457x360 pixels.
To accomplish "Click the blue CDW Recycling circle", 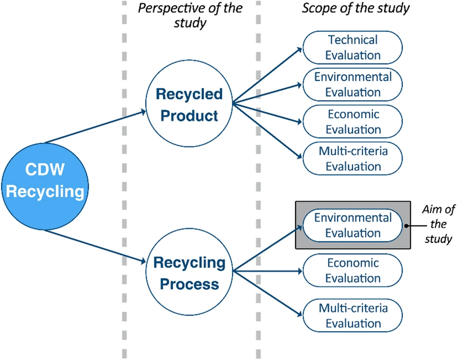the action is (x=45, y=187).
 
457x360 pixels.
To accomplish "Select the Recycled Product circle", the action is (x=189, y=103).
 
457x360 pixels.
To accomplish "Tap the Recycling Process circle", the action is (x=189, y=272).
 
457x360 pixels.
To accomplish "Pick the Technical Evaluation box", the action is (x=353, y=48).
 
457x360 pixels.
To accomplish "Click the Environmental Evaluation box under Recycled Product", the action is (x=353, y=85).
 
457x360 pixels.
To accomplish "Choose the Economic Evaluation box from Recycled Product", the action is (x=353, y=121).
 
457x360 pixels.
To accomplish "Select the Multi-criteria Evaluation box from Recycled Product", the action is (x=353, y=159).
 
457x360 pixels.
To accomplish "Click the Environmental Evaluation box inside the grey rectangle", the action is (x=353, y=225).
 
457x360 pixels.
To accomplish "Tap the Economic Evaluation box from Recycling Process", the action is (x=353, y=270).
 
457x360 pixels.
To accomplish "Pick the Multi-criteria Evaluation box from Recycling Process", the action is (x=353, y=316).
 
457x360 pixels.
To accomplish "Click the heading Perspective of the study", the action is (x=190, y=15).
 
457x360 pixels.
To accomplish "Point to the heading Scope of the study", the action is (x=355, y=8).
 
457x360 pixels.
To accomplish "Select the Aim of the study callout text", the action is (x=438, y=224).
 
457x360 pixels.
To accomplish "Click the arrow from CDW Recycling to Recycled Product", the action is (x=95, y=127).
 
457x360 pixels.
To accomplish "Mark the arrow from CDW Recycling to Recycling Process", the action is (x=95, y=246).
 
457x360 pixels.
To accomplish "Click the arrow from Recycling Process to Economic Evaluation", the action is (x=268, y=271).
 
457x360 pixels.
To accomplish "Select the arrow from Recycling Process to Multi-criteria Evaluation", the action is (x=268, y=293).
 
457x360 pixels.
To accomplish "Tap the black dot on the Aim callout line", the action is (x=406, y=226).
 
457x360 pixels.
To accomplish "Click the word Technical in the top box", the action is (x=353, y=40).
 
